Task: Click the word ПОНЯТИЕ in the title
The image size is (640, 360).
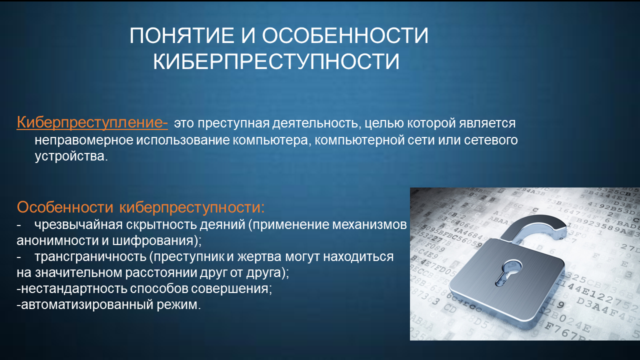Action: point(181,35)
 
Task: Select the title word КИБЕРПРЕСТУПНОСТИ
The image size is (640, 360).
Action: point(276,61)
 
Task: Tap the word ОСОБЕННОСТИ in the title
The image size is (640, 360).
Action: point(345,35)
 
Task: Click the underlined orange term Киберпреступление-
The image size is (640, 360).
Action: point(92,122)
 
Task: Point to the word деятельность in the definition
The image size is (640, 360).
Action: point(315,123)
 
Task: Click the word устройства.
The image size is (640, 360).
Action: point(71,156)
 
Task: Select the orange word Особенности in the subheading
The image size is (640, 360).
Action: point(65,207)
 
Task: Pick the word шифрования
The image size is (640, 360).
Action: point(156,241)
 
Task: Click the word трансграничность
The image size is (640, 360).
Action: point(90,256)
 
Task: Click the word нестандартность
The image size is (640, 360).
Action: point(74,289)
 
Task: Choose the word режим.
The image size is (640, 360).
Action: point(178,305)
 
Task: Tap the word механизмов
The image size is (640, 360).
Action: point(369,225)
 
